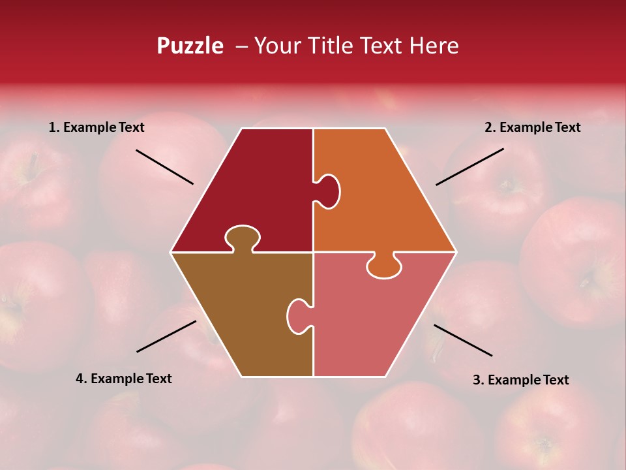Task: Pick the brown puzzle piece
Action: pyautogui.click(x=241, y=313)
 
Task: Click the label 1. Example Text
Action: pyautogui.click(x=97, y=127)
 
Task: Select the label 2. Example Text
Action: pyautogui.click(x=532, y=127)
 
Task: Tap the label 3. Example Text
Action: pyautogui.click(x=520, y=380)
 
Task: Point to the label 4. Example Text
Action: pyautogui.click(x=124, y=379)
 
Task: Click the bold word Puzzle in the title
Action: pyautogui.click(x=190, y=46)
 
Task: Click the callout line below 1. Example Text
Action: pyautogui.click(x=164, y=167)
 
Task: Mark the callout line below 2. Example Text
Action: pyautogui.click(x=469, y=166)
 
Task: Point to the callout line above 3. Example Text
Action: pyautogui.click(x=463, y=340)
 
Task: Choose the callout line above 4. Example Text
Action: pyautogui.click(x=166, y=336)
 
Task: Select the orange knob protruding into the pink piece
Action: pyautogui.click(x=383, y=267)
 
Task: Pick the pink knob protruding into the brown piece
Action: pyautogui.click(x=298, y=315)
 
